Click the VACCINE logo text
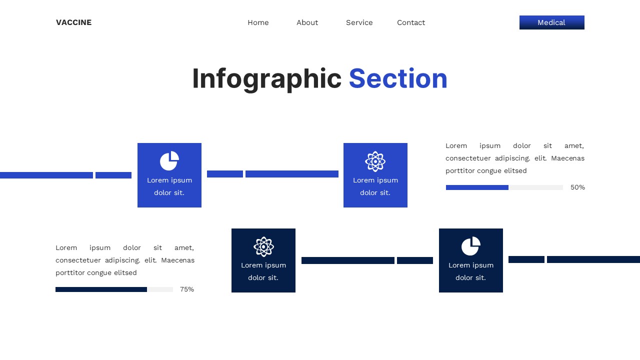point(73,22)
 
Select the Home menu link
point(258,22)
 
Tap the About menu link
point(307,22)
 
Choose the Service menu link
point(359,22)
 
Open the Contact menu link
point(411,22)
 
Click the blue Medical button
point(551,22)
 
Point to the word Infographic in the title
point(266,79)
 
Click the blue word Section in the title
point(398,79)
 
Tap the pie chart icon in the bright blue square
point(169,161)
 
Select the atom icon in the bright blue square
point(375,161)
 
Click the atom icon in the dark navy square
point(263,246)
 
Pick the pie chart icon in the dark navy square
point(470,246)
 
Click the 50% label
point(577,187)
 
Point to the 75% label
point(187,289)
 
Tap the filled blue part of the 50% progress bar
point(477,187)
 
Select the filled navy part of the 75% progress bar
point(101,289)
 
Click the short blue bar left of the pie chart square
point(113,175)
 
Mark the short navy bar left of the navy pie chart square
point(415,260)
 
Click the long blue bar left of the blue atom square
point(292,174)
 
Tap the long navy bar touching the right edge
point(593,259)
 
